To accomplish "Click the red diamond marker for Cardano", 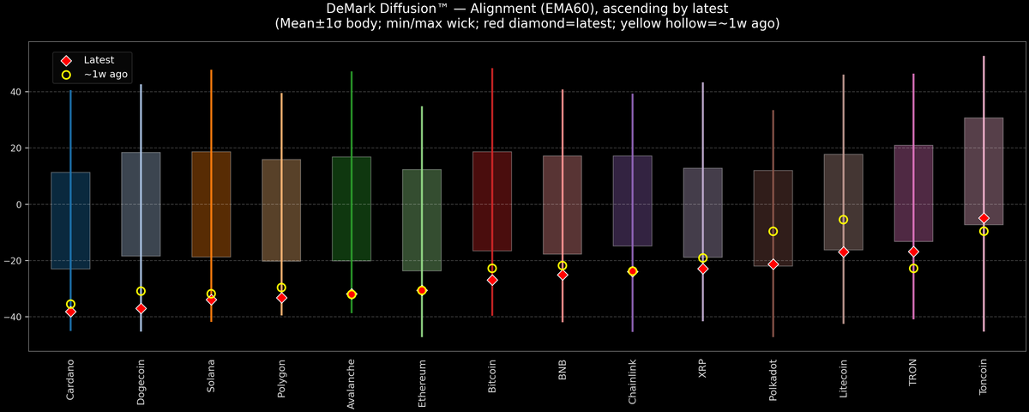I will tap(70, 312).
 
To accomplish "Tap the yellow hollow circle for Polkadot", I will tap(773, 232).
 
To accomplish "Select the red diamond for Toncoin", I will tap(984, 218).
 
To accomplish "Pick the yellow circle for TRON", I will tap(913, 269).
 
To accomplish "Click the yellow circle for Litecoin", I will tap(843, 220).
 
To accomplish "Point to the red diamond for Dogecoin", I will tap(141, 308).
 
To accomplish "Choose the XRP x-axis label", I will tap(703, 369).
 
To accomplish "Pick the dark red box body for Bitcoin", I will tap(492, 202).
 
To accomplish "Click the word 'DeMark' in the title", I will tap(355, 9).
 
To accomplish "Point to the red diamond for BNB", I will tap(563, 275).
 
